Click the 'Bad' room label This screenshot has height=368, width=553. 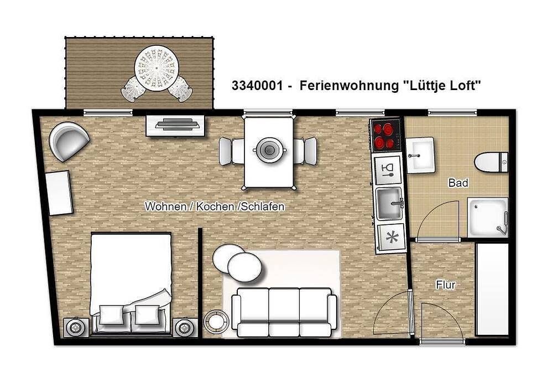pyautogui.click(x=458, y=183)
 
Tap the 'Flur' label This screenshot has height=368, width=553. pyautogui.click(x=446, y=285)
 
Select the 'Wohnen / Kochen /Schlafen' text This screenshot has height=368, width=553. pyautogui.click(x=215, y=207)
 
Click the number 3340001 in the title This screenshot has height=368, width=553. pyautogui.click(x=256, y=86)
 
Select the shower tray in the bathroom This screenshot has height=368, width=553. pyautogui.click(x=488, y=217)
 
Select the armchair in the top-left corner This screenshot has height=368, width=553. pyautogui.click(x=69, y=140)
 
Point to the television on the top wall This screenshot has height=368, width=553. pyautogui.click(x=176, y=124)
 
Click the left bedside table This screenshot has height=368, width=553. pyautogui.click(x=74, y=328)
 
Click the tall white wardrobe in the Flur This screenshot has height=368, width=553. pyautogui.click(x=492, y=288)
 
